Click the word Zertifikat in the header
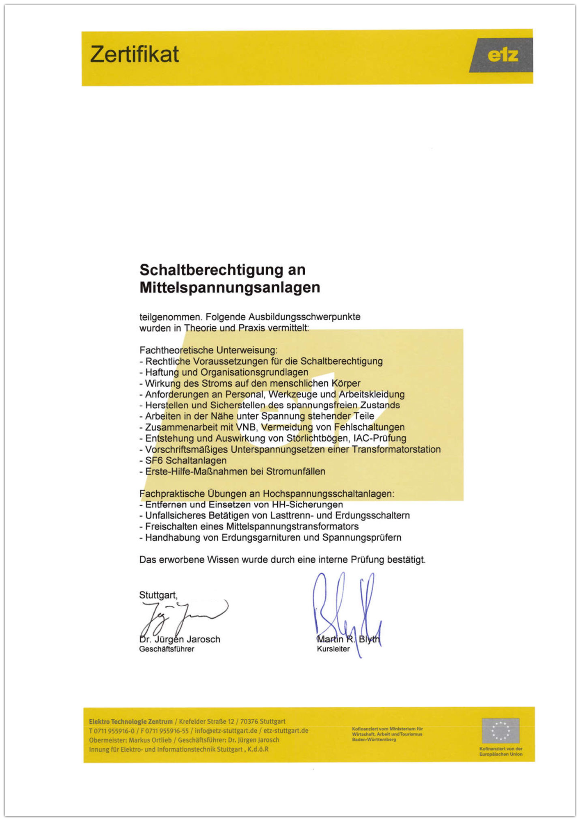pos(134,54)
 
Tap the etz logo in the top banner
pos(502,55)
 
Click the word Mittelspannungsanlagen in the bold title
pos(230,287)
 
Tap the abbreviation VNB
pos(246,427)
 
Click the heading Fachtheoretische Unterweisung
pos(208,350)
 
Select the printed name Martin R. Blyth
pos(348,639)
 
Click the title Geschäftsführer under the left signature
pos(167,649)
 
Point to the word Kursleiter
pos(333,649)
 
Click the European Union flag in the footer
pos(500,730)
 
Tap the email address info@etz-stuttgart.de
pos(226,731)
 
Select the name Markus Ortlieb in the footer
pos(150,740)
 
